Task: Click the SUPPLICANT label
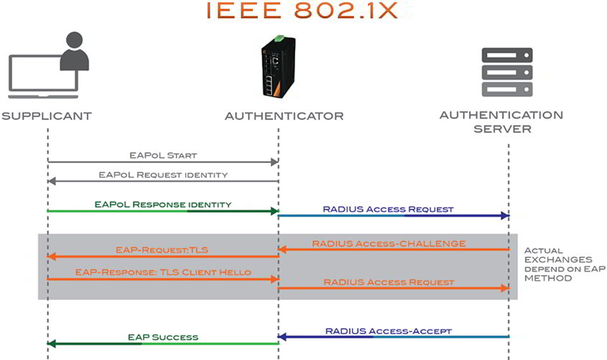tap(47, 116)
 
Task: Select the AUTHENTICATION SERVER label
tap(501, 121)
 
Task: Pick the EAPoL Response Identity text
tap(163, 204)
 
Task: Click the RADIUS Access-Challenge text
tap(389, 244)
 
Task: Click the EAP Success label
tap(163, 336)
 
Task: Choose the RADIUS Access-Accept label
tap(388, 331)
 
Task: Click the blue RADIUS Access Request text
tap(388, 209)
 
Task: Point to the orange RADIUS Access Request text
tap(389, 282)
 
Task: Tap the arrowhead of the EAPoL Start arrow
tap(274, 163)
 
